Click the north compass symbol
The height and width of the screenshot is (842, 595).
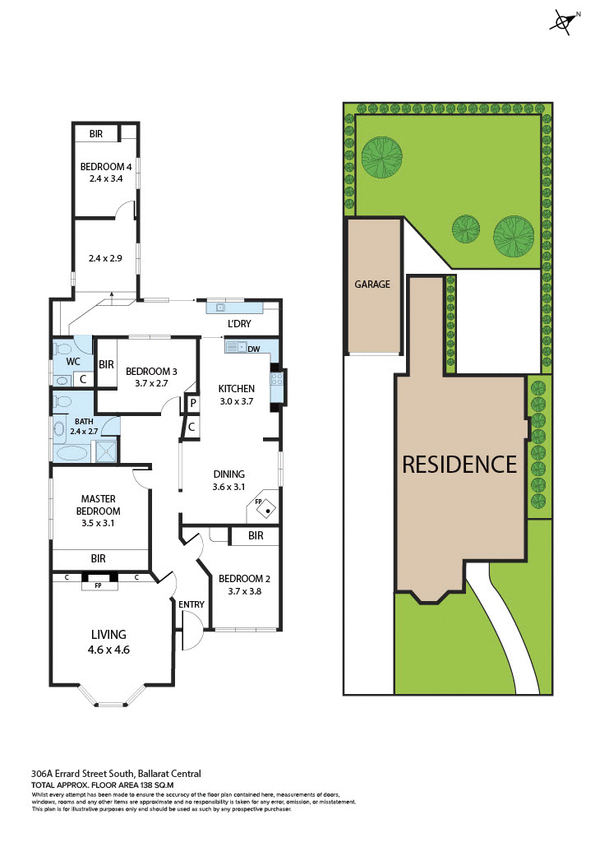(x=564, y=22)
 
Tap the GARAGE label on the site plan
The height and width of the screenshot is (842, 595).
(x=372, y=284)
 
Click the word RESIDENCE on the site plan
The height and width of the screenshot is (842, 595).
(x=459, y=465)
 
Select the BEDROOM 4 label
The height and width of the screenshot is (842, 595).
(x=106, y=167)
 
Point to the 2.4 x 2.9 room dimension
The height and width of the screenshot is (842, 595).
(x=106, y=258)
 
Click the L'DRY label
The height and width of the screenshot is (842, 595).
(x=239, y=323)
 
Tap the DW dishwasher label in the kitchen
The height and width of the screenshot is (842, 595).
(x=254, y=349)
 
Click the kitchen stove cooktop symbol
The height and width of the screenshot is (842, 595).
(x=277, y=379)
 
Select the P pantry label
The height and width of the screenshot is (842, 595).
(x=191, y=403)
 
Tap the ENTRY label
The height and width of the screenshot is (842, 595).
(x=191, y=605)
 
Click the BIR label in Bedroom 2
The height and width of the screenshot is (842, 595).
(x=256, y=536)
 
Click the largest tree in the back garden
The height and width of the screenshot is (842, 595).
(x=383, y=157)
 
